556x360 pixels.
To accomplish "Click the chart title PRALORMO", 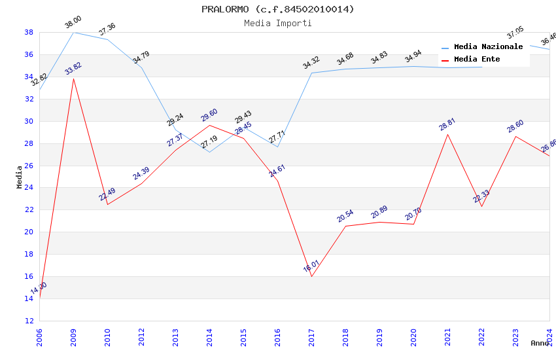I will (x=277, y=9).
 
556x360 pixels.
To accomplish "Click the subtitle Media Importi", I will (x=277, y=23).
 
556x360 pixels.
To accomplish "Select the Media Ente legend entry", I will (x=477, y=60).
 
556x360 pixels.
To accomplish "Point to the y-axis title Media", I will (x=20, y=177).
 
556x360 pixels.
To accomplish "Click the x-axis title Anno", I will (x=540, y=343).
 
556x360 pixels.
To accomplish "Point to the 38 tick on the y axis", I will (x=29, y=32).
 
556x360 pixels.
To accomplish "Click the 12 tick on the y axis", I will (x=29, y=321).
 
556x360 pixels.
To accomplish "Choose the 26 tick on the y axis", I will (x=29, y=166).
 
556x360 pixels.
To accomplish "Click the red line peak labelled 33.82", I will (x=73, y=79).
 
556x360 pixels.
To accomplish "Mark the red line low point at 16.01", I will (x=311, y=276).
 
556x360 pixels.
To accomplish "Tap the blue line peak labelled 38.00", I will (x=73, y=32).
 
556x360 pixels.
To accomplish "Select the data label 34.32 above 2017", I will (x=311, y=63).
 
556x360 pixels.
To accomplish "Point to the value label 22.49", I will (x=107, y=194).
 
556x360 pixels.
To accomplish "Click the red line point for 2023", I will (x=515, y=136).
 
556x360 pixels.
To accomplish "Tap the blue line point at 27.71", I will (x=277, y=147).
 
